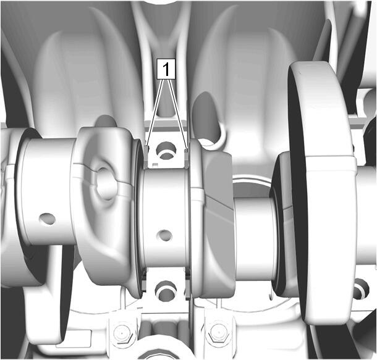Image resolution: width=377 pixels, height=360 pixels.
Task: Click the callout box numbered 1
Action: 166,69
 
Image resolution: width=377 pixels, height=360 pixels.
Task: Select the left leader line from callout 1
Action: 155,112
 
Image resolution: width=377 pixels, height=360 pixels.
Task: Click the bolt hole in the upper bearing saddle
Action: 166,151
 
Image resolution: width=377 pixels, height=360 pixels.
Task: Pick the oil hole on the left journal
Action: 48,219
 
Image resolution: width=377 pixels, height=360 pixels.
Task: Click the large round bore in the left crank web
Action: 105,183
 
